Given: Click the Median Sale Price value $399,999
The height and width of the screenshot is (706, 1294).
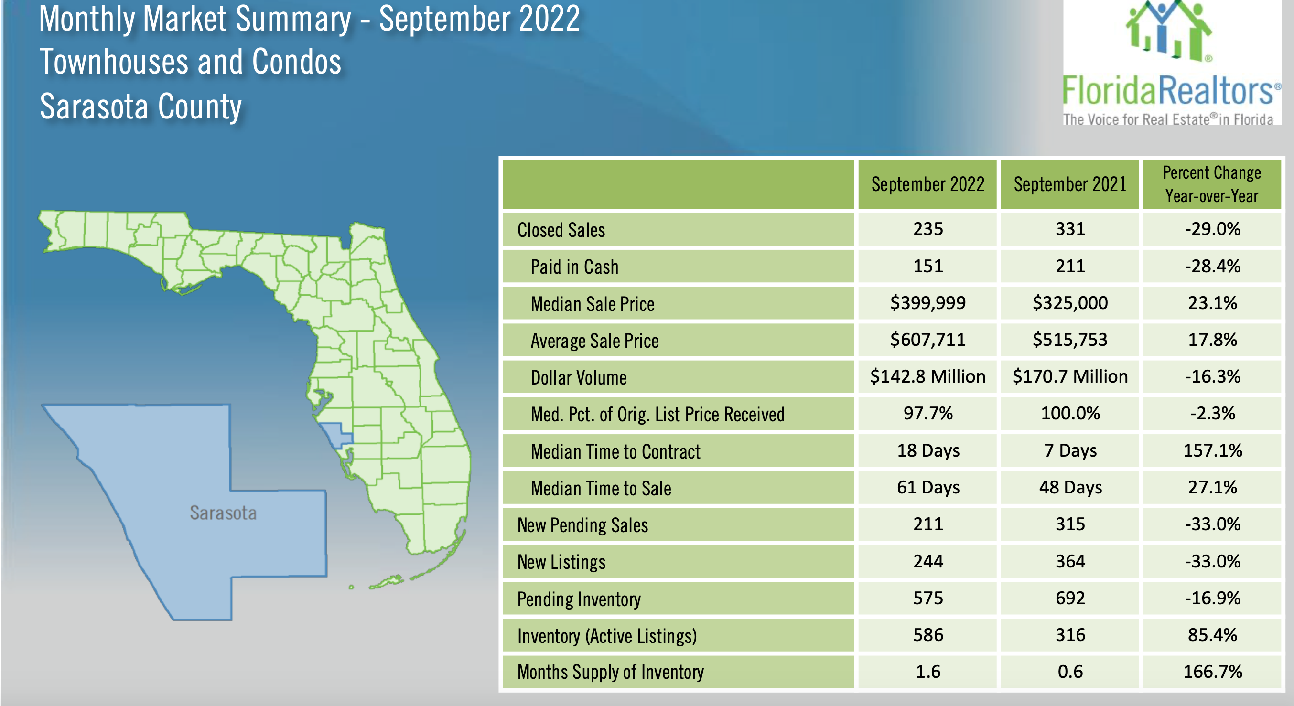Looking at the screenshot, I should click(927, 303).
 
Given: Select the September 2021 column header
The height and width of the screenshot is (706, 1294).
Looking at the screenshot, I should click(1070, 184).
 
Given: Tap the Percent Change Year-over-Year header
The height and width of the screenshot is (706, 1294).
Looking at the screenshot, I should click(1212, 184).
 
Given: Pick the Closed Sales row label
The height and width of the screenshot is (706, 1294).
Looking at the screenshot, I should click(561, 230).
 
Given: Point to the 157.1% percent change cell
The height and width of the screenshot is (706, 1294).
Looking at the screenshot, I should click(1212, 450).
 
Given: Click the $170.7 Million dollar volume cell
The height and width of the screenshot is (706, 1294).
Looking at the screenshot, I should click(1070, 376).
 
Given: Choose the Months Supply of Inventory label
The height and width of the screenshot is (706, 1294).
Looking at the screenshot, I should click(610, 672).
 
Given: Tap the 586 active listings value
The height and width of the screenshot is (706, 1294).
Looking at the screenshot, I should click(928, 635).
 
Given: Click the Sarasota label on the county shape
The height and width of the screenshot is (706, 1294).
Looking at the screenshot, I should click(223, 513).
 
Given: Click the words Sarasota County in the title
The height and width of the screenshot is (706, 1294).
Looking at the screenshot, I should click(140, 107).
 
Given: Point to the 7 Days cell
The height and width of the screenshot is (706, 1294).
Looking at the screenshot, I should click(1070, 450).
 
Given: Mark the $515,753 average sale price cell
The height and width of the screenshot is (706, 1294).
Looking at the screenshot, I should click(1070, 340).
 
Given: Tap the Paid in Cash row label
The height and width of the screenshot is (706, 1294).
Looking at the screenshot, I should click(574, 267).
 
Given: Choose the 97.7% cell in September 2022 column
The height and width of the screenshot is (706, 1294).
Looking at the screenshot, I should click(928, 413).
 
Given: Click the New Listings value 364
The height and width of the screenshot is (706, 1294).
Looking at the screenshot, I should click(1070, 561).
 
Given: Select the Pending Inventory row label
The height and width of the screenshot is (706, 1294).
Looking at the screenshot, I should click(579, 599).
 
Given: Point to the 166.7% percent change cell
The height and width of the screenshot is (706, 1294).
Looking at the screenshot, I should click(1212, 672).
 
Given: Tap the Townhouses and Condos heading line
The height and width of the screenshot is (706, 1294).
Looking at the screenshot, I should click(190, 62).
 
